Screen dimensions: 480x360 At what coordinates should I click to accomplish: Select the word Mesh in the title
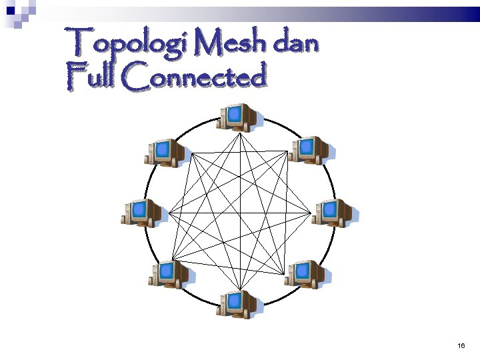(x=229, y=42)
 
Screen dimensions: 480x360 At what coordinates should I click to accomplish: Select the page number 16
(x=461, y=345)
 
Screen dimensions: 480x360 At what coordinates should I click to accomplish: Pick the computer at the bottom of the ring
(x=237, y=304)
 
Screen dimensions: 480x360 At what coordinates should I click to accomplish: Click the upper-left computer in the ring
(x=165, y=153)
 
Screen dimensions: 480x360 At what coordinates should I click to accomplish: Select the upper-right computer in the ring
(x=310, y=150)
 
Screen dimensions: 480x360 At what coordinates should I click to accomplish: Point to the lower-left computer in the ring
(x=169, y=274)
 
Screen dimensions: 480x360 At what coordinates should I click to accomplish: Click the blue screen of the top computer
(x=234, y=114)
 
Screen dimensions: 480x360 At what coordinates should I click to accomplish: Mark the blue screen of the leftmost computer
(x=139, y=210)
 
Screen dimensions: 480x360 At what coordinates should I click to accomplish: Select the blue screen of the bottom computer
(x=234, y=301)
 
